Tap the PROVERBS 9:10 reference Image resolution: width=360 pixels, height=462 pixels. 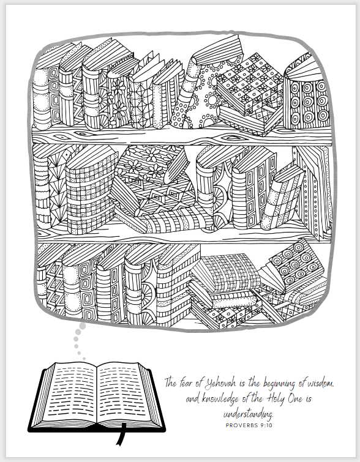(249, 425)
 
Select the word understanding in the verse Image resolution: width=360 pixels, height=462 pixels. (248, 414)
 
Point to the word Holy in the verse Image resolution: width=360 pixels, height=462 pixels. (275, 399)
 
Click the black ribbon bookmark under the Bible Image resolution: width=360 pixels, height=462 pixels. (121, 434)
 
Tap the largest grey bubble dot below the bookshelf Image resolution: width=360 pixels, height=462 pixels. (83, 326)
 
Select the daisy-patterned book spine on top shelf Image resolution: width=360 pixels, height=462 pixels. (118, 100)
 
